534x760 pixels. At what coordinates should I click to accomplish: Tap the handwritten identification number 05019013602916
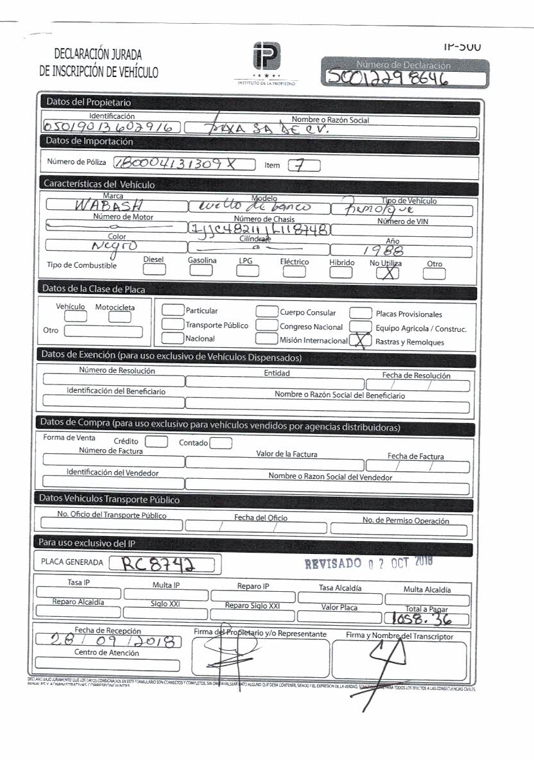[111, 128]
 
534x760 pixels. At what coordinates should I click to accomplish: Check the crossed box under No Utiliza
[384, 273]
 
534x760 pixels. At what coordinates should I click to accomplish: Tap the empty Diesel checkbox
[153, 271]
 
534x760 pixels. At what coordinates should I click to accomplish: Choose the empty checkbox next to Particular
[173, 311]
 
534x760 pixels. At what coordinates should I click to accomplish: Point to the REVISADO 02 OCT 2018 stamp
[368, 564]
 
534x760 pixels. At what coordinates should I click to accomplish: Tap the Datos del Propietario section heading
[87, 103]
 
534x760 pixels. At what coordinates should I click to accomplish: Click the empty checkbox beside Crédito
[156, 442]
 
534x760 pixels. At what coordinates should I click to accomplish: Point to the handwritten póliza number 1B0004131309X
[175, 164]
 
